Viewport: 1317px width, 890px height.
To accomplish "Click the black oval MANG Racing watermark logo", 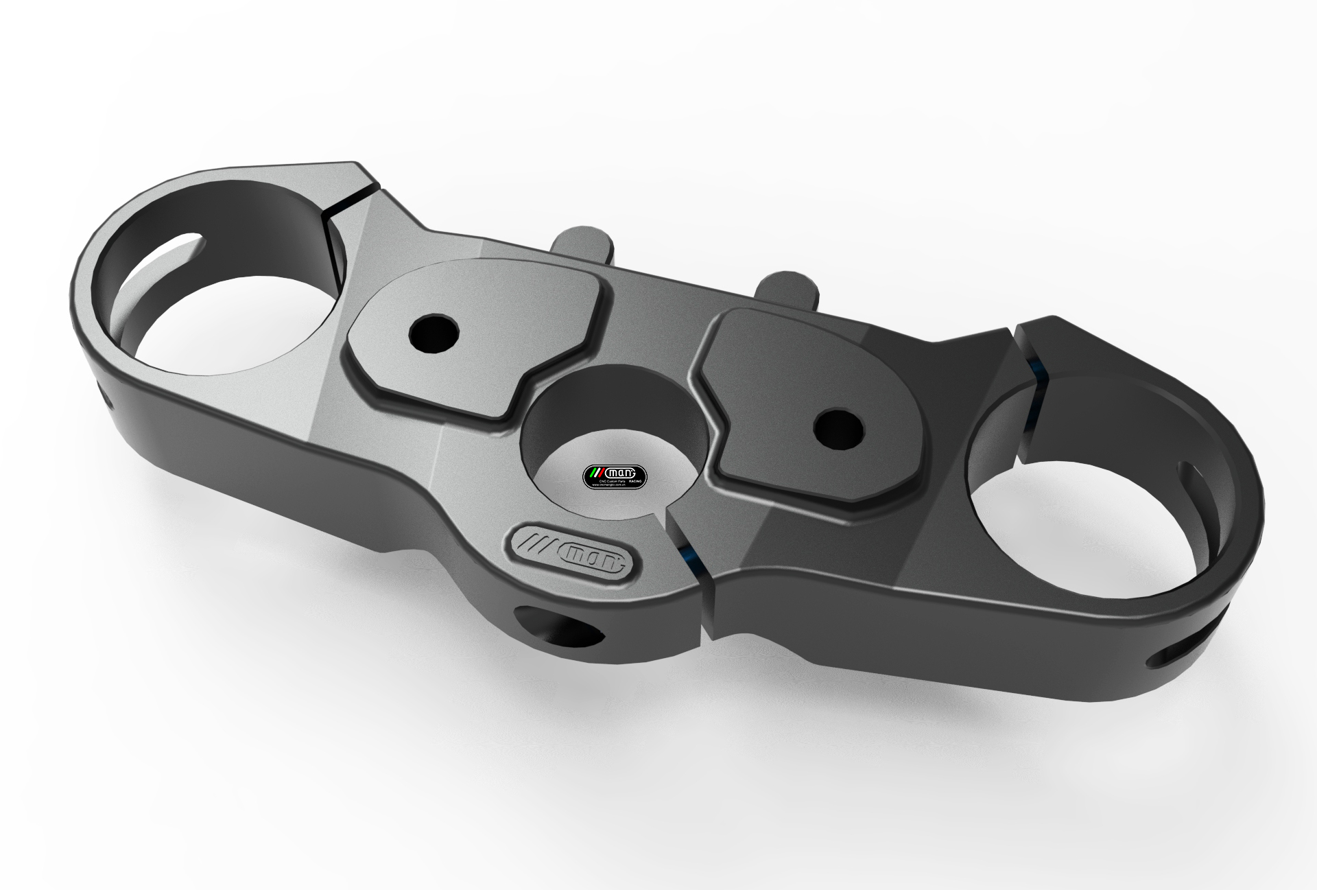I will pos(615,473).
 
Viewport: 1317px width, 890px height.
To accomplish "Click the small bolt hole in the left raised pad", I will pos(434,333).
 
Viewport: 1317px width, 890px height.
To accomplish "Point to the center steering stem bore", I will pos(604,432).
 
